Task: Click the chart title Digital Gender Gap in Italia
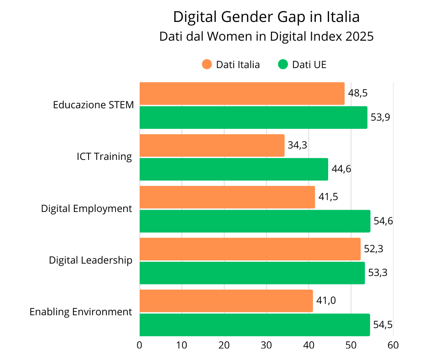coord(266,17)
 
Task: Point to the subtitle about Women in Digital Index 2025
coord(266,37)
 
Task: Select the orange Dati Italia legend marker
coord(207,64)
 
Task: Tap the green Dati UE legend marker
coord(283,64)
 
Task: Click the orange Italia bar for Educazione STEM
coord(242,94)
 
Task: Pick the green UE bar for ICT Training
coord(234,169)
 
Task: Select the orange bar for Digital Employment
coord(227,197)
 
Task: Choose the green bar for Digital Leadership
coord(252,273)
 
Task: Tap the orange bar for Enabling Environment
coord(226,301)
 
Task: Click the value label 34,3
coord(297,145)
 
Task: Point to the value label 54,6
coord(383,221)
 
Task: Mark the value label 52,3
coord(373,249)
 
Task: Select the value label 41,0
coord(325,301)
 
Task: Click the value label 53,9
coord(380,117)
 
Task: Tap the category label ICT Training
coord(104,157)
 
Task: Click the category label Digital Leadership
coord(90,260)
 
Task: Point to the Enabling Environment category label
coord(81,312)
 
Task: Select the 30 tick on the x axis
coord(266,345)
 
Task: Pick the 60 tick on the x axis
coord(393,345)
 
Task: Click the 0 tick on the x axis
coord(140,345)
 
